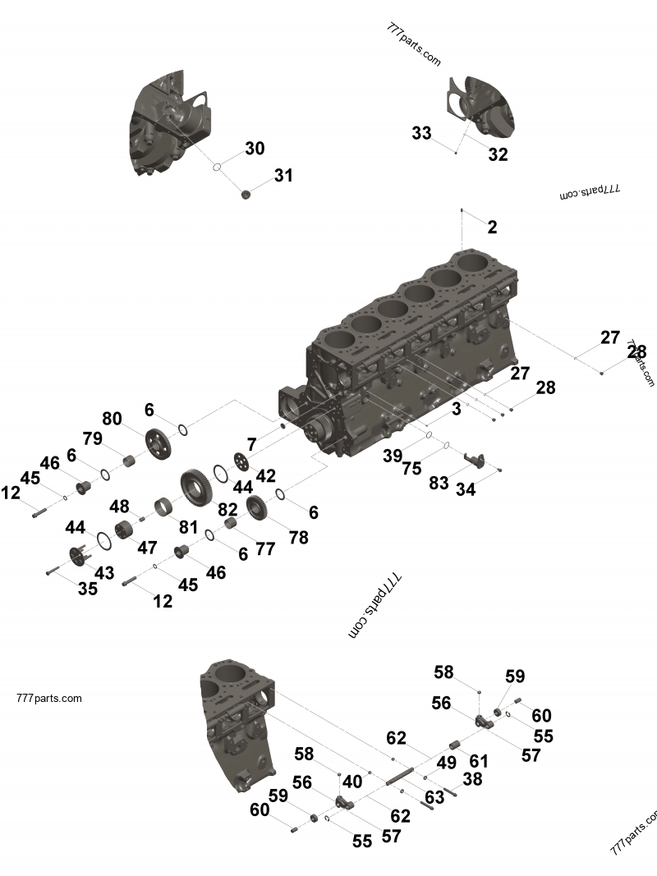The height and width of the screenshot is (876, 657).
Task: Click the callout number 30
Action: click(255, 149)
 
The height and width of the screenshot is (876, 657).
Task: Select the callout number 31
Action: click(283, 176)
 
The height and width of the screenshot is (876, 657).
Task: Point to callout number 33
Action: click(421, 133)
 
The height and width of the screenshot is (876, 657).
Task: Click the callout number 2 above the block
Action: click(492, 227)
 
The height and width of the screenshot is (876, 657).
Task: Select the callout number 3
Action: click(456, 408)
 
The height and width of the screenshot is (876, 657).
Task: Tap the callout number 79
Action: click(92, 438)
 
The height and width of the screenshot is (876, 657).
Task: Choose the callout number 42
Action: click(265, 475)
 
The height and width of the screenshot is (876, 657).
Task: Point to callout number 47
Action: click(147, 547)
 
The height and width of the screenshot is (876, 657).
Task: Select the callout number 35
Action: click(87, 589)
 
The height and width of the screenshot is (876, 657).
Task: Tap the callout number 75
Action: click(411, 468)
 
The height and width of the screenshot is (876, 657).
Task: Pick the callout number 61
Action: click(478, 761)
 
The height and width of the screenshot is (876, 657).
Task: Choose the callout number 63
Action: click(434, 797)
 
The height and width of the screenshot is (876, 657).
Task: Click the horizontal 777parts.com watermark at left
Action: click(48, 699)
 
